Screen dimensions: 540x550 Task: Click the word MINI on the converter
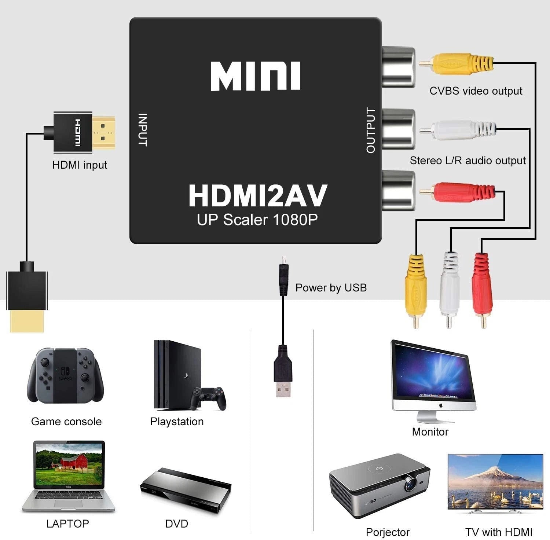(255, 76)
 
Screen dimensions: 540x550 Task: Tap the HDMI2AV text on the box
(257, 196)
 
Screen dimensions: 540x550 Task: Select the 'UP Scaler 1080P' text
(257, 220)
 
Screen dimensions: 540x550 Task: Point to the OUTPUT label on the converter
(371, 130)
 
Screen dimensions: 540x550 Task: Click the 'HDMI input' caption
(80, 165)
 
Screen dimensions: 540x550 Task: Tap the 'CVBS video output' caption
(476, 91)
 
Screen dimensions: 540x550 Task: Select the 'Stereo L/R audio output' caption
(467, 161)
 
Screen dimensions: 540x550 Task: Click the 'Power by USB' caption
(331, 288)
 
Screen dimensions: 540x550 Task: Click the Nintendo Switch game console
(65, 375)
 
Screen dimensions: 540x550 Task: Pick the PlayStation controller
(208, 398)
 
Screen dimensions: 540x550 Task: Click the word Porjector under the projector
(388, 532)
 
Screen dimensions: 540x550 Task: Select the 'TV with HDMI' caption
(499, 532)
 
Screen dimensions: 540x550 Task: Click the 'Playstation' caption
(177, 422)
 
